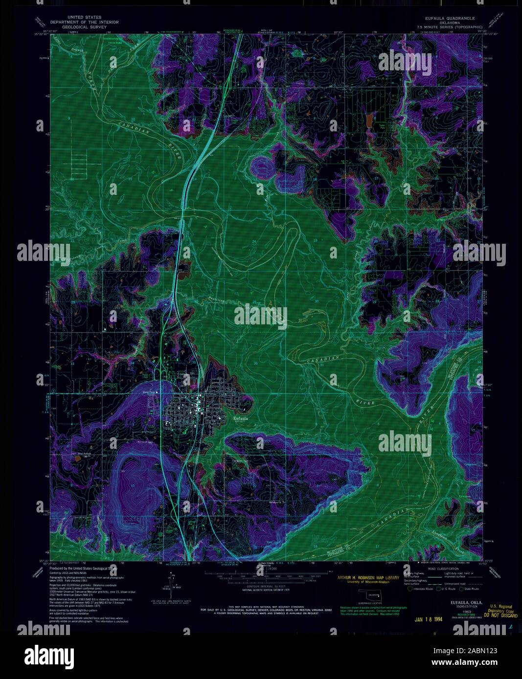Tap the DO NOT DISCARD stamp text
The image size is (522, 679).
pyautogui.click(x=500, y=615)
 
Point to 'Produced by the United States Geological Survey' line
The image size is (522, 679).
pyautogui.click(x=83, y=569)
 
